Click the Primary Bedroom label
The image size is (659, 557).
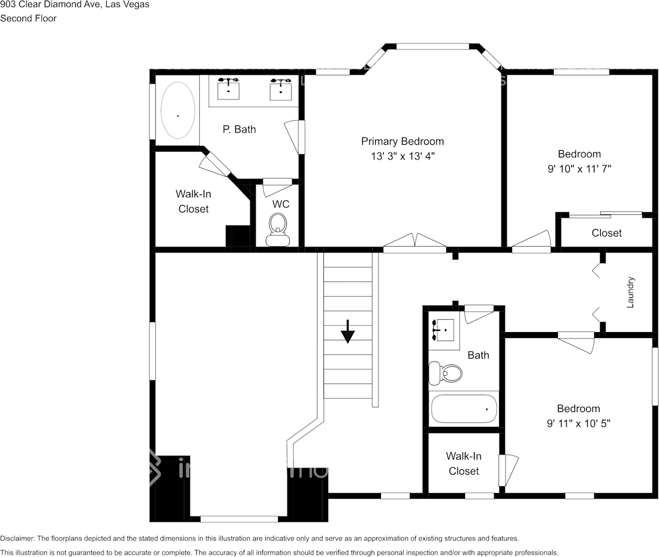click(402, 141)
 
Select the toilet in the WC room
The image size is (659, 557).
click(277, 228)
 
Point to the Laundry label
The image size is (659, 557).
click(630, 292)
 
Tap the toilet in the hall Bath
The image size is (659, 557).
click(445, 373)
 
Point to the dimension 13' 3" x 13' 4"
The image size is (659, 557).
click(403, 156)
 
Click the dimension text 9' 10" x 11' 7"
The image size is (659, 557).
click(579, 169)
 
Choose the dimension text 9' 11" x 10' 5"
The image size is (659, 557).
click(579, 423)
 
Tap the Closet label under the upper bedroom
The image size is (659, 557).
click(607, 233)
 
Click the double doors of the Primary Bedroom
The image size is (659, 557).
click(414, 243)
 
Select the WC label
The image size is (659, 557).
click(281, 204)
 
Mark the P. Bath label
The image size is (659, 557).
click(239, 130)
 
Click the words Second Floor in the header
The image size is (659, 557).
click(28, 18)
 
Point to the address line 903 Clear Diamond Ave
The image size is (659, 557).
click(75, 5)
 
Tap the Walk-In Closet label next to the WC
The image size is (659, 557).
click(193, 201)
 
